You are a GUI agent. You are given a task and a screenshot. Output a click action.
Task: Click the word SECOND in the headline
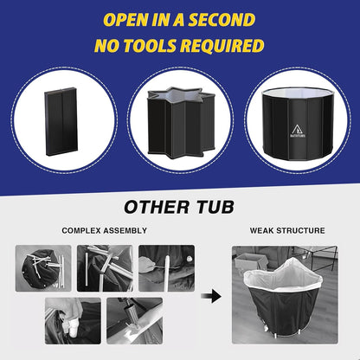click(x=222, y=20)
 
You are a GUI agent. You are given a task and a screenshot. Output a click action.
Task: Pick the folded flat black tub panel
click(x=61, y=121)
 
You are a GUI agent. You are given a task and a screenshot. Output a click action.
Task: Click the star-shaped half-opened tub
click(x=181, y=123)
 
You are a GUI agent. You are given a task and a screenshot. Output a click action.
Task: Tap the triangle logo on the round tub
click(x=299, y=129)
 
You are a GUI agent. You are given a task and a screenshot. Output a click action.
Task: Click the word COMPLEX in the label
click(x=81, y=230)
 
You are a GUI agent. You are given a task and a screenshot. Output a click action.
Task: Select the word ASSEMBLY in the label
click(x=125, y=230)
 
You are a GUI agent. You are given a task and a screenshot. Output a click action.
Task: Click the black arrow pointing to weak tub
click(x=211, y=296)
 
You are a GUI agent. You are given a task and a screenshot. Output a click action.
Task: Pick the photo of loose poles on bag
click(x=43, y=268)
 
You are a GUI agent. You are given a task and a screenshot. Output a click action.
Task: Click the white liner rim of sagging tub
click(x=283, y=275)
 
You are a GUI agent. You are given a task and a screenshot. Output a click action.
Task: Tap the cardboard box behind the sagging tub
click(x=250, y=261)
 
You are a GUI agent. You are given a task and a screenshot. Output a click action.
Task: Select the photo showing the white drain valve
click(x=73, y=321)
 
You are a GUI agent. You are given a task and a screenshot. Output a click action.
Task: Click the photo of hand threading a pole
click(x=167, y=268)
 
